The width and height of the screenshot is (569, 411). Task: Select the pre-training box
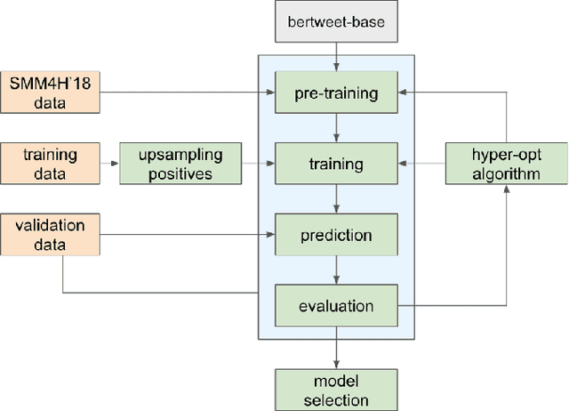point(336,93)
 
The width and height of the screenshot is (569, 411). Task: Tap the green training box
point(336,164)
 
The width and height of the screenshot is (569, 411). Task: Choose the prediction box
point(336,236)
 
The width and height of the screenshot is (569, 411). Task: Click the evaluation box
point(336,307)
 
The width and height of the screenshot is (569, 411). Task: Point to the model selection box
point(336,389)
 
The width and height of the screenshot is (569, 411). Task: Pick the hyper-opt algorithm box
point(505,164)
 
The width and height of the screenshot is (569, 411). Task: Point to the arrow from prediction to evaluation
point(336,270)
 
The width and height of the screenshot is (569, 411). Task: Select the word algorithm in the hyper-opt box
point(505,173)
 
